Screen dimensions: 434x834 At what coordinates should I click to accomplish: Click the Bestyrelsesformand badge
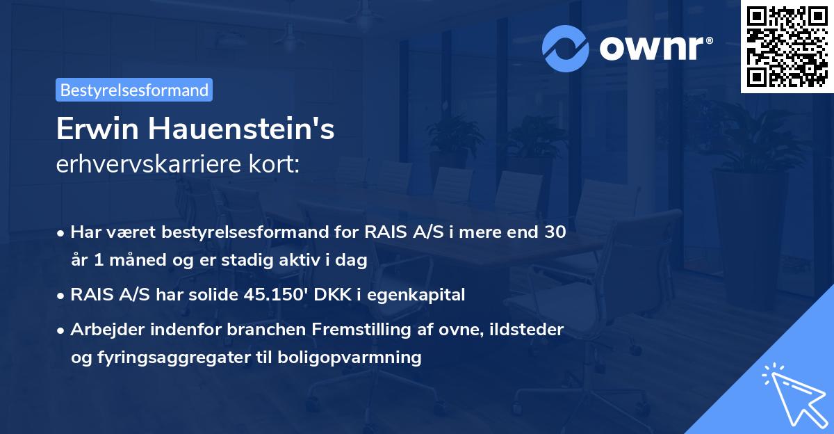click(134, 90)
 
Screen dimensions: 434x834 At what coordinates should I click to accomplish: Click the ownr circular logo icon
click(566, 49)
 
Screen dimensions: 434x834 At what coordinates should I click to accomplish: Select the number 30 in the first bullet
click(555, 232)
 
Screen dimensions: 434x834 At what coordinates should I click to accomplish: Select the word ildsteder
click(532, 330)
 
